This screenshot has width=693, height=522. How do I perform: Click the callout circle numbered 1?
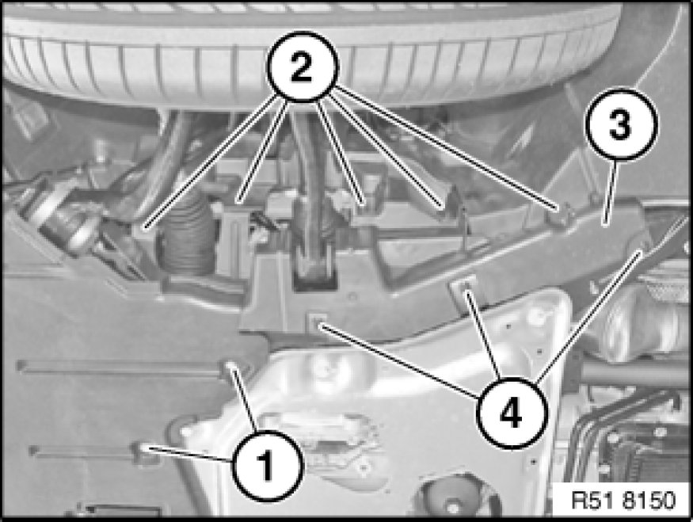(x=268, y=466)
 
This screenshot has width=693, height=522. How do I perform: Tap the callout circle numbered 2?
(x=303, y=67)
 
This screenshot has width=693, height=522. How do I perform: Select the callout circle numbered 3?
(x=622, y=124)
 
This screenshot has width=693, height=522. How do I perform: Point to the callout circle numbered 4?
(x=512, y=413)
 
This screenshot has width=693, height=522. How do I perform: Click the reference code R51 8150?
(x=623, y=501)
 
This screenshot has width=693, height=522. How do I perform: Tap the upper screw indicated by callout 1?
(x=230, y=367)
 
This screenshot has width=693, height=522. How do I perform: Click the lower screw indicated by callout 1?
(x=143, y=448)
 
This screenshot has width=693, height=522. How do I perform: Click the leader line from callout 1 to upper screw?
(x=245, y=401)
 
